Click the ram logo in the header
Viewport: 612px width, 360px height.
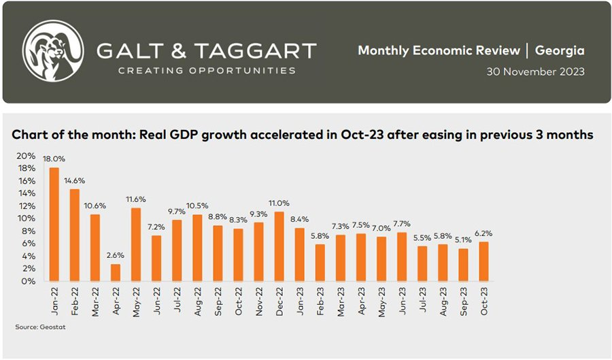click(53, 51)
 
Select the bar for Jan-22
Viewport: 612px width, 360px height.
click(54, 224)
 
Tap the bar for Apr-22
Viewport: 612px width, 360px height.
click(116, 272)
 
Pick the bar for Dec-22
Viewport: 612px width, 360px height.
click(279, 246)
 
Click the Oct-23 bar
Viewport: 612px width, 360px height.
click(483, 261)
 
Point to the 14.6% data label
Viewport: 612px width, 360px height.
click(75, 181)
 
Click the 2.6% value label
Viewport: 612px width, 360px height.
click(116, 255)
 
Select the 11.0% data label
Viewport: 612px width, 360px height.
click(279, 203)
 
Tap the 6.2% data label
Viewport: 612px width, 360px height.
click(483, 233)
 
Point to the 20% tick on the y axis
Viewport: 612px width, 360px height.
click(26, 156)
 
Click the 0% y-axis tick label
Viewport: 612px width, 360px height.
click(29, 281)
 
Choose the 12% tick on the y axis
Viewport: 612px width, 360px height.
click(26, 206)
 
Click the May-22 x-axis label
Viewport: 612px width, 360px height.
click(136, 302)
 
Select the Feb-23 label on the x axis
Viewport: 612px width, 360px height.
click(320, 301)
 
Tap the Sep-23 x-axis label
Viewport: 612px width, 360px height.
click(463, 301)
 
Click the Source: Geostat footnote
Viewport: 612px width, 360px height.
click(40, 327)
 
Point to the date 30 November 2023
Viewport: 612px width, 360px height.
click(536, 72)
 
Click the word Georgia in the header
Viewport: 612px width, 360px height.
click(560, 50)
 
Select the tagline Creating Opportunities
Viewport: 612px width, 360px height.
click(207, 71)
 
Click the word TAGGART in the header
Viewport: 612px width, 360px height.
click(255, 51)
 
